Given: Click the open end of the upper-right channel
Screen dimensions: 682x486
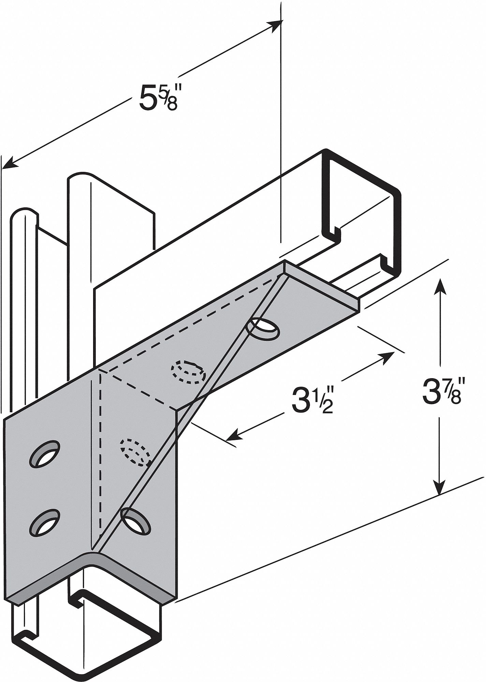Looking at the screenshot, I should pyautogui.click(x=362, y=211).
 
